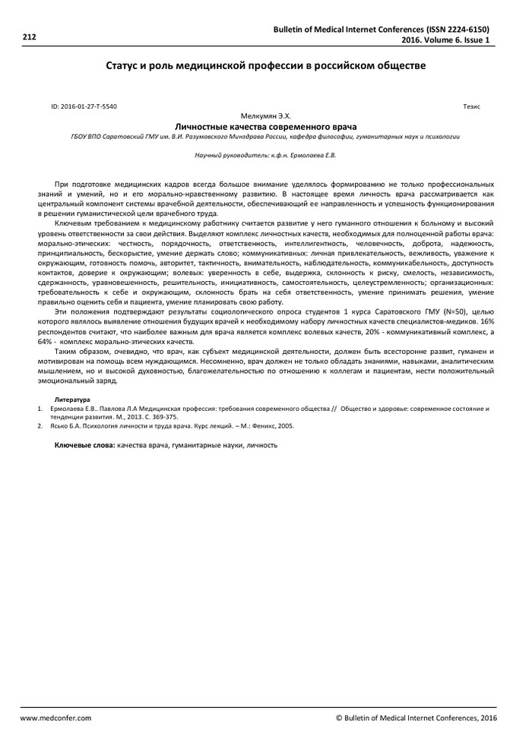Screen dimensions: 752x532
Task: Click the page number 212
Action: click(30, 35)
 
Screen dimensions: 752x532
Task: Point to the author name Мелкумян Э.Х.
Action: click(265, 116)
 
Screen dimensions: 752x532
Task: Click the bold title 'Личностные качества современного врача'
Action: click(265, 126)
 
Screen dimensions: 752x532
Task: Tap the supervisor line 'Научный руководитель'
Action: click(265, 155)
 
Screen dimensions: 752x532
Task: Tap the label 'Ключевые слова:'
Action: click(84, 444)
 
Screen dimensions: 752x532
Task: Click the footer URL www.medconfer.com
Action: click(55, 718)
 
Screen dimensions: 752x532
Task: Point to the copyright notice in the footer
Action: click(416, 718)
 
